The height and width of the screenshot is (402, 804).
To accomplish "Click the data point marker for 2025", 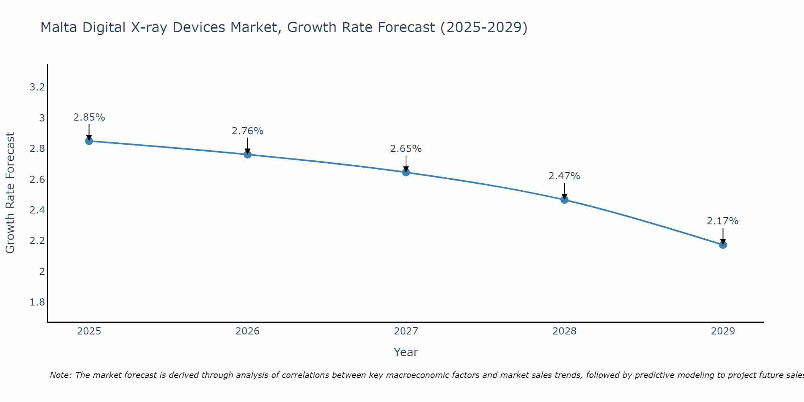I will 89,141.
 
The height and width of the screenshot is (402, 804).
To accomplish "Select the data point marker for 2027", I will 406,172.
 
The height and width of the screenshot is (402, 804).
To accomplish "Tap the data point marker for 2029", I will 723,245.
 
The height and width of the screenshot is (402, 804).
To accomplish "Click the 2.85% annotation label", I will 89,117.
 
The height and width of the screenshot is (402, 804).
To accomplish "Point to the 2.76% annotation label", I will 247,131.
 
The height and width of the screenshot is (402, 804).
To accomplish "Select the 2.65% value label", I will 406,149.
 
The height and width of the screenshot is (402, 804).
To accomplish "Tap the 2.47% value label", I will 564,176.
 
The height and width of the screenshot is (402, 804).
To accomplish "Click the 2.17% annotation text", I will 723,221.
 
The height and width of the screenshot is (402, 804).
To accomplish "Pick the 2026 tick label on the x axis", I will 247,331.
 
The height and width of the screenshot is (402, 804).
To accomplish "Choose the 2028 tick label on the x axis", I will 564,331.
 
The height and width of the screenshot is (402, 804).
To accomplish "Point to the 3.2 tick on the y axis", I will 37,87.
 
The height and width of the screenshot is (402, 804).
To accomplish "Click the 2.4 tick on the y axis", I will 37,210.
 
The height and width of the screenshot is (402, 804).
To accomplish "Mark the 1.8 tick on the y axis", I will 37,302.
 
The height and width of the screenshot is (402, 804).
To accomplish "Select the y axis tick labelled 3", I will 42,118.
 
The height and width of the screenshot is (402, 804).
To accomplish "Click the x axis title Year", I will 406,352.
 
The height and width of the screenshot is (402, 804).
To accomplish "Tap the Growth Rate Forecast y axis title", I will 10,193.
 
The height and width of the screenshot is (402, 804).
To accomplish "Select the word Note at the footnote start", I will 60,375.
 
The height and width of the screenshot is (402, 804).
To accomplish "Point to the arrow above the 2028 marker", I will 564,191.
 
